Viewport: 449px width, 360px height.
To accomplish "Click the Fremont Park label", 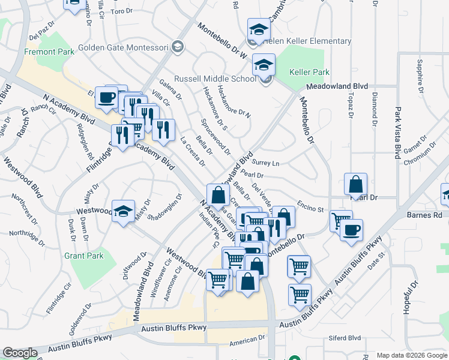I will pyautogui.click(x=49, y=52).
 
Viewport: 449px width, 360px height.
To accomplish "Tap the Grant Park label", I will pyautogui.click(x=84, y=256).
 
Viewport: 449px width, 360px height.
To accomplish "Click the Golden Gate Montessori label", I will pyautogui.click(x=124, y=46).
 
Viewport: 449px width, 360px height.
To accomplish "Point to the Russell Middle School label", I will pyautogui.click(x=215, y=79).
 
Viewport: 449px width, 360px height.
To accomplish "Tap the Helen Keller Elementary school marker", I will pyautogui.click(x=259, y=31).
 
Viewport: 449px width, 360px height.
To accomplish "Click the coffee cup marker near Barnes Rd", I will pyautogui.click(x=351, y=229).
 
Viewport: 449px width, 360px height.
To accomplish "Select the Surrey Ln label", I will pyautogui.click(x=267, y=163).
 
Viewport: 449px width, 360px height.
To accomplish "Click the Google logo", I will pyautogui.click(x=20, y=353).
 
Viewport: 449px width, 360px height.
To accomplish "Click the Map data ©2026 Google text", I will pyautogui.click(x=412, y=355).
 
